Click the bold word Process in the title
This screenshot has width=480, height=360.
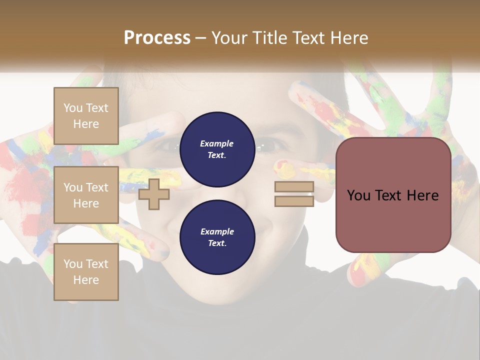[157, 38]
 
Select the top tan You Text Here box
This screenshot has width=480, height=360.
[86, 116]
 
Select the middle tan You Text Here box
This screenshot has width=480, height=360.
[86, 195]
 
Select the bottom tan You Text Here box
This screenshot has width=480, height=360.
[86, 272]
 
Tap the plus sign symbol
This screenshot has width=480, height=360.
[154, 194]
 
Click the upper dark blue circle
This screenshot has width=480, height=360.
[217, 149]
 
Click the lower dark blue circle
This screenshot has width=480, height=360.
[217, 237]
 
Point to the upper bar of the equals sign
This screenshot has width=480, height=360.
[294, 186]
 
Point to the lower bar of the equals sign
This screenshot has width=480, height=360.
[294, 201]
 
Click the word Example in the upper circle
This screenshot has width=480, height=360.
[217, 143]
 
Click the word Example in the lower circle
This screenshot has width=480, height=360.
[217, 231]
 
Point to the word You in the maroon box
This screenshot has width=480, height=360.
[358, 195]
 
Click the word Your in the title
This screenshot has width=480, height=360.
[229, 38]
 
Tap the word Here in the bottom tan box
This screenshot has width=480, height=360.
[86, 280]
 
